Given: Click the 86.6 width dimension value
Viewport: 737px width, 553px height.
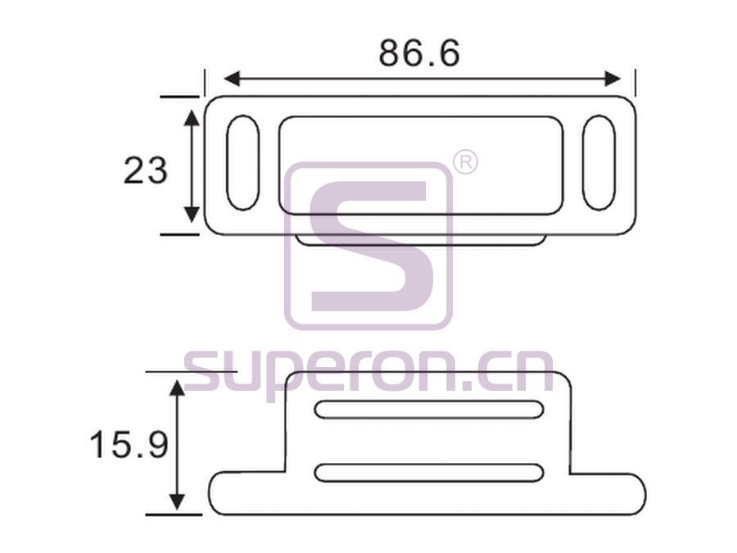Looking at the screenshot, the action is coord(419,52).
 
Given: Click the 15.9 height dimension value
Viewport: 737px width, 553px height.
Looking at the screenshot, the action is coord(129,445).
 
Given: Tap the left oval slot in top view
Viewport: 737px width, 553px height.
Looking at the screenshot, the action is coord(242,163).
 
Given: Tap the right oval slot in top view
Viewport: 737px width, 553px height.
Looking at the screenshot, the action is coord(599,163).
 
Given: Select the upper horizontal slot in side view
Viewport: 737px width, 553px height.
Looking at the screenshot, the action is coord(429,409).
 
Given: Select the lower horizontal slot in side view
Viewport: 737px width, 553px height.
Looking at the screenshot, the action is coord(429,473).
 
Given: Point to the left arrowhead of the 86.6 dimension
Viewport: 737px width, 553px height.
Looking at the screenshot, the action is coord(233,79).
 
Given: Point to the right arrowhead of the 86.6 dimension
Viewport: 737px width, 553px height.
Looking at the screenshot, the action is coord(613,79).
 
